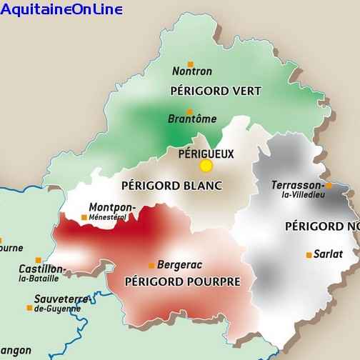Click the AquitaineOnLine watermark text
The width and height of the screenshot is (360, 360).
click(x=61, y=9)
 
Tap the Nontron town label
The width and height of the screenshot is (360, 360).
click(x=192, y=71)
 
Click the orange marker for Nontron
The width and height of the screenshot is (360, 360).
click(x=191, y=63)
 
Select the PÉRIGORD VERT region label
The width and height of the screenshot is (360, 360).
click(x=216, y=91)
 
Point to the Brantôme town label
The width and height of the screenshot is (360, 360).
click(x=192, y=119)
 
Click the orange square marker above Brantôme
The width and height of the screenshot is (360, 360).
click(x=189, y=111)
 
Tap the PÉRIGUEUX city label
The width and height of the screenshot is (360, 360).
click(x=206, y=153)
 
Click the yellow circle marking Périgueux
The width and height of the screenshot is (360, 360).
click(x=206, y=166)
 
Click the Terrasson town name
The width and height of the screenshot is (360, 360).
click(x=297, y=185)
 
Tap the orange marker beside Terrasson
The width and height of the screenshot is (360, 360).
click(x=329, y=186)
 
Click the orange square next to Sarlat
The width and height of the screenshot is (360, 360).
click(x=309, y=254)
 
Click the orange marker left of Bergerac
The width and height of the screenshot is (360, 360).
click(x=151, y=265)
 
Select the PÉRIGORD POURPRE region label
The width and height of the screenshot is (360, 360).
click(x=182, y=281)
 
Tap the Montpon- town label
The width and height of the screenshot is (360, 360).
click(x=111, y=208)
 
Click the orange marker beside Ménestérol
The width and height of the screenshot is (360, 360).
click(x=84, y=216)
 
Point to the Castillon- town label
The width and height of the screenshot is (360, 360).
click(x=42, y=269)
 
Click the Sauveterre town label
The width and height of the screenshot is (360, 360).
click(x=61, y=299)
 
